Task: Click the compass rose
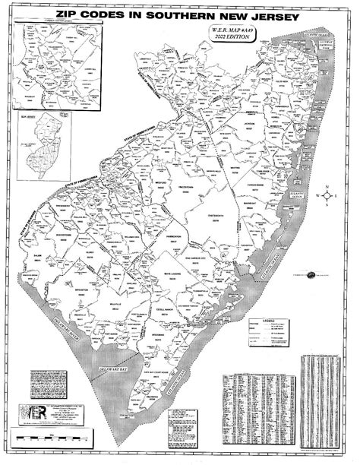(327, 195)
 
